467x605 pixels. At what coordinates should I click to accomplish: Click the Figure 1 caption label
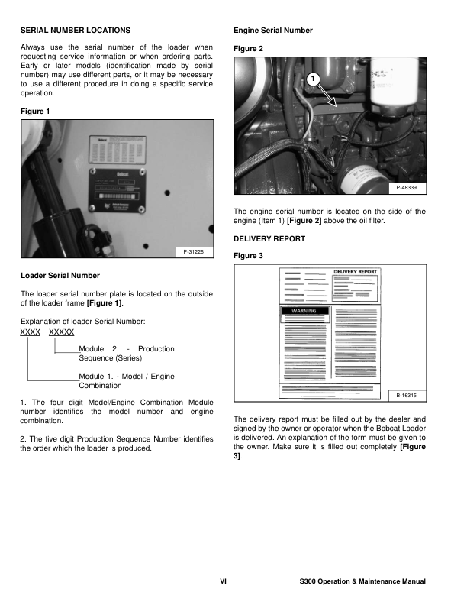coord(34,112)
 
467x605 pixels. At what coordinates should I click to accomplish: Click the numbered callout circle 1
coord(312,81)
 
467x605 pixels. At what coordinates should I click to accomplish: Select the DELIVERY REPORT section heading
coord(269,239)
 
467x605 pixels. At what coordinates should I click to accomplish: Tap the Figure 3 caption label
coord(248,256)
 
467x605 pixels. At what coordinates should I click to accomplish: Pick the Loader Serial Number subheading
coord(60,275)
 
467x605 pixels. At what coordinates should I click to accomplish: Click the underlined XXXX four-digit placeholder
coord(30,332)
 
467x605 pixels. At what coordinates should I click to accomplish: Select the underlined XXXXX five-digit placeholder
coord(61,332)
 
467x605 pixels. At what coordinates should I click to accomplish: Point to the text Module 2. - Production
coord(126,348)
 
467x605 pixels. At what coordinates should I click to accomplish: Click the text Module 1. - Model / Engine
coord(126,377)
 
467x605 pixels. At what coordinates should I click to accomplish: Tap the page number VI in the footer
coord(223,581)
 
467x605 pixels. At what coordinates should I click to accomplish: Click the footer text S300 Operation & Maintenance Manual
coord(363,581)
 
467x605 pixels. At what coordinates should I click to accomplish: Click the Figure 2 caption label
coord(248,48)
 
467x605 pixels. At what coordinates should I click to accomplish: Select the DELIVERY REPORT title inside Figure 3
coord(355,272)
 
